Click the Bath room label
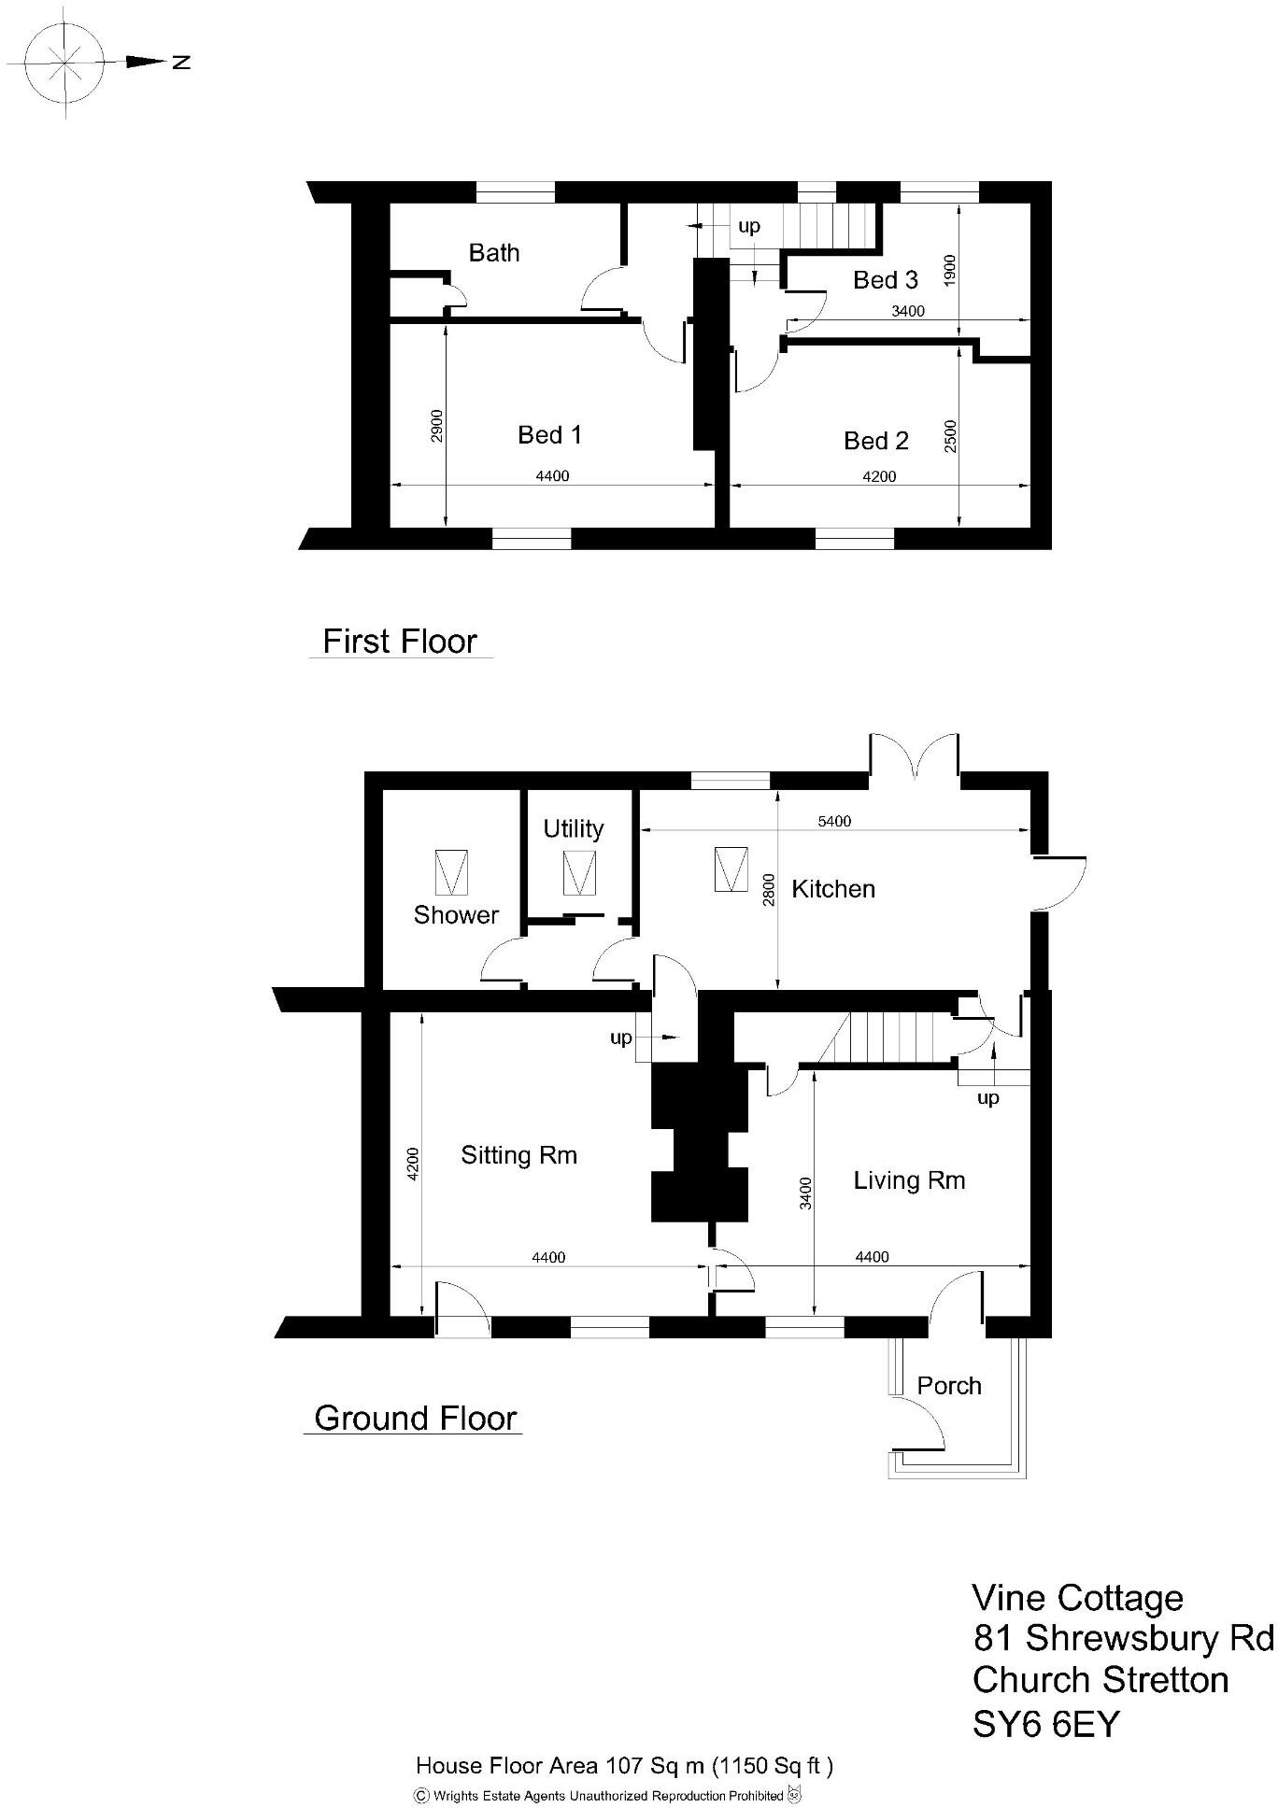point(493,252)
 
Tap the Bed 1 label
point(549,434)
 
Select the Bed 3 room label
point(885,279)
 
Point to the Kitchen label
point(832,888)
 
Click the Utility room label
point(573,828)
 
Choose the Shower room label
point(456,914)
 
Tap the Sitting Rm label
point(518,1155)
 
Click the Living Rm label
point(908,1180)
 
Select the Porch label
point(948,1385)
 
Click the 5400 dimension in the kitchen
point(833,822)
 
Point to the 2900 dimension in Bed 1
point(437,426)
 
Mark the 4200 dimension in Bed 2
point(878,476)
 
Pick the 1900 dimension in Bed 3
point(950,273)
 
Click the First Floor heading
point(399,642)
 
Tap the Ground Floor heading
point(415,1418)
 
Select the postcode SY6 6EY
point(1044,1723)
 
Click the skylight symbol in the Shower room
point(452,872)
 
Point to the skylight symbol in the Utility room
point(579,873)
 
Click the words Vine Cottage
point(1077,1598)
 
